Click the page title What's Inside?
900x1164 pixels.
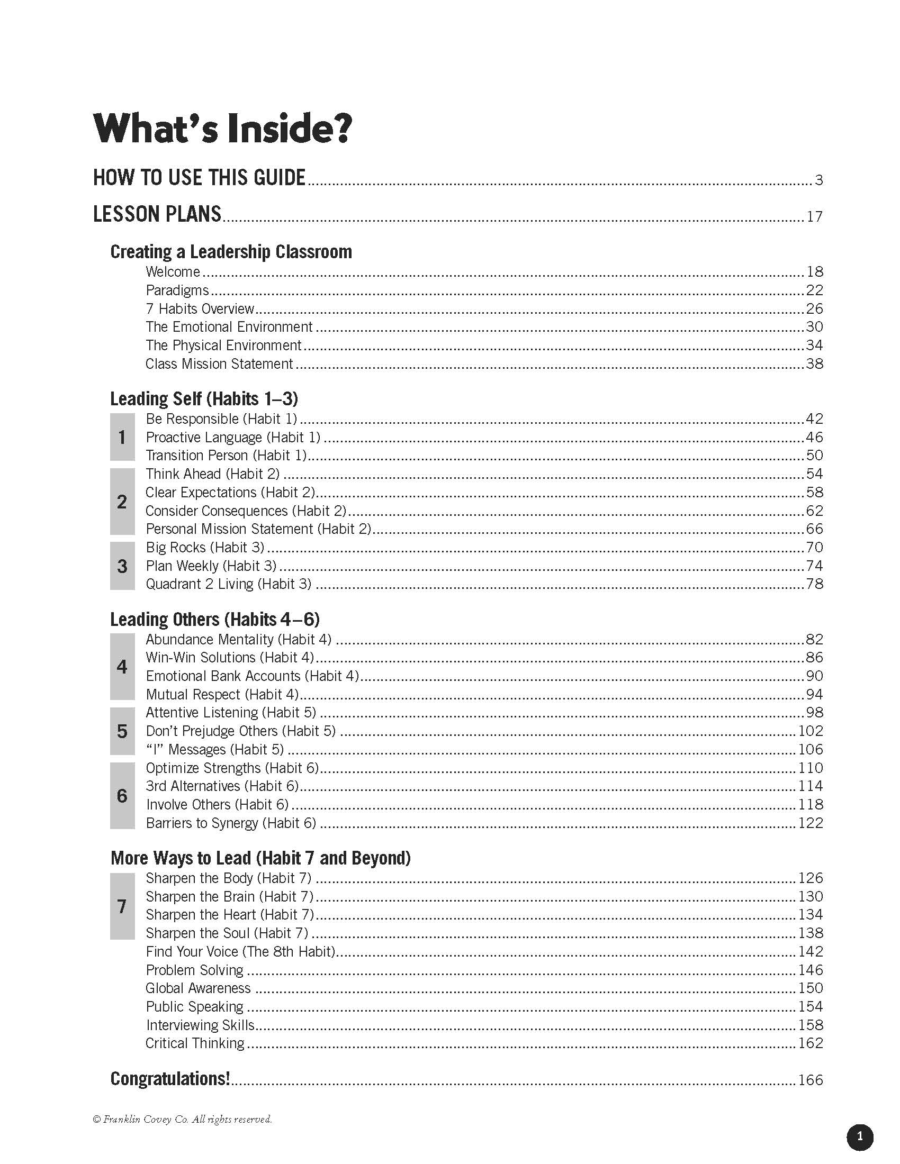coord(222,129)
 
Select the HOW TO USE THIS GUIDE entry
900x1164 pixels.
coord(199,178)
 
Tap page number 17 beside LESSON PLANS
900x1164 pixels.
coord(814,216)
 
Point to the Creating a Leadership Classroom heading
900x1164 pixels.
coord(231,251)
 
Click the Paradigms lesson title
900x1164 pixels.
coord(177,290)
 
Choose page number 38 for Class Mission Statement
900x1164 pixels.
coord(814,364)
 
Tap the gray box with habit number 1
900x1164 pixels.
coord(122,437)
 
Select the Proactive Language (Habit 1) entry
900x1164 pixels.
coord(233,438)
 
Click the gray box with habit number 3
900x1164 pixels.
coord(122,566)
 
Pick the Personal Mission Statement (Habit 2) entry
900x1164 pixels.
coord(258,529)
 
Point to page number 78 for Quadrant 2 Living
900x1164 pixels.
coord(814,584)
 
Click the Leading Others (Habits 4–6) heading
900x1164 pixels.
coord(215,620)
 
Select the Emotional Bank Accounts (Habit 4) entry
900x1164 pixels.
coord(252,676)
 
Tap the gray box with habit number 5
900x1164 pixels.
coord(122,731)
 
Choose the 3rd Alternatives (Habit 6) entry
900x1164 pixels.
coord(222,786)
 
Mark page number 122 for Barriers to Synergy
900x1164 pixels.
coord(811,823)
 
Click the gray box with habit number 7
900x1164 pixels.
coord(122,906)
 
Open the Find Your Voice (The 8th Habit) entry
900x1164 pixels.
coord(240,952)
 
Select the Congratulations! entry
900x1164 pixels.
coord(170,1079)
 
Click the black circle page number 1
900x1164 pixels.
coord(859,1137)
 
